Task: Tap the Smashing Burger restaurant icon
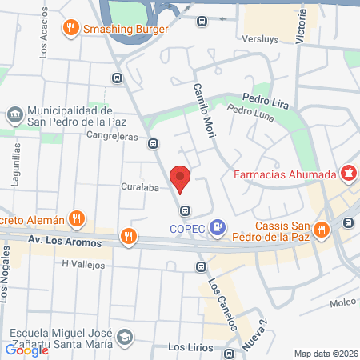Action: (72, 29)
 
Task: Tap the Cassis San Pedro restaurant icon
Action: (322, 230)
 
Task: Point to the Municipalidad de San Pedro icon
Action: (14, 116)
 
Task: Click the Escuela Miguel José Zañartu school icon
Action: (123, 338)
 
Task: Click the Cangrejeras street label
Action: (112, 136)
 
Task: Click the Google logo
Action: (26, 350)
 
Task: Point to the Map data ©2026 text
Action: (325, 354)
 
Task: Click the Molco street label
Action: (342, 302)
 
